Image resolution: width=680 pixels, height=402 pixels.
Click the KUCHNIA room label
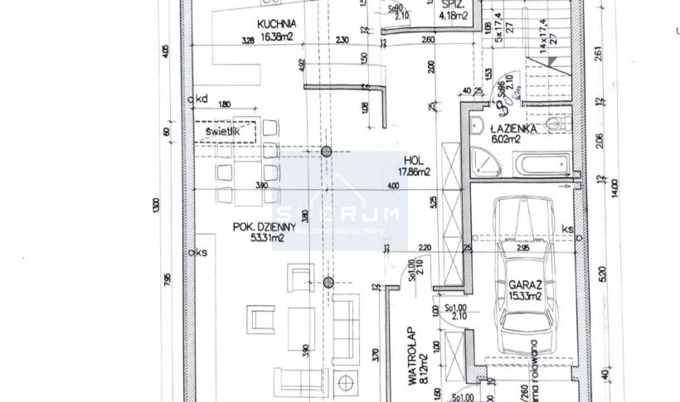point(276,24)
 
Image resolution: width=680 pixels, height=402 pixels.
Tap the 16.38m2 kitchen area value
point(276,36)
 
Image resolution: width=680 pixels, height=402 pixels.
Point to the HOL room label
point(415,161)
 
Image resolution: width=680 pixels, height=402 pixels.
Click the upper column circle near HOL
point(327,152)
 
